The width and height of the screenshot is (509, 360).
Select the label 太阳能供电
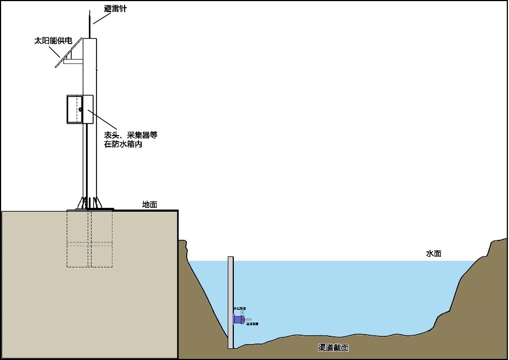tap(53, 40)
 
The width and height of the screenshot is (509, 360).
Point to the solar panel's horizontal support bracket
tap(72, 61)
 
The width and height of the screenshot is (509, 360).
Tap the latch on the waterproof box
tap(80, 109)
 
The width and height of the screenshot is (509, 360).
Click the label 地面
tap(149, 205)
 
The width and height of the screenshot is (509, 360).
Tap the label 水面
tap(433, 254)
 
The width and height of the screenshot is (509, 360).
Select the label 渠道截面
tap(333, 348)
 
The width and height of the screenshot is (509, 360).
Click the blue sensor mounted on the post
tap(238, 320)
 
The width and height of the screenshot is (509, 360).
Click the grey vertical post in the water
tap(231, 287)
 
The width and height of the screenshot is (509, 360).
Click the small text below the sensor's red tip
tap(251, 324)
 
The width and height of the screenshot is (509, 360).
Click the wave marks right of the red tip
tap(249, 319)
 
